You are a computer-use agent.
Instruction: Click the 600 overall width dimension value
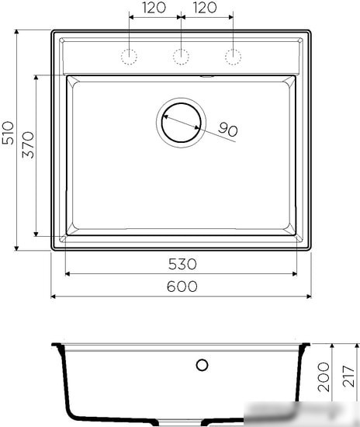(x=182, y=286)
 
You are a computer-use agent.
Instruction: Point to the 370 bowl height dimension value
(x=28, y=145)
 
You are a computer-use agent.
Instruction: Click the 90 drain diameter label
(x=227, y=130)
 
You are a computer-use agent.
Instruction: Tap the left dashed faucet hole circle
(x=129, y=56)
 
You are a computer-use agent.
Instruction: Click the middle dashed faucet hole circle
(x=181, y=56)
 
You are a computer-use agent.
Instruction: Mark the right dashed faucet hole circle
(x=232, y=56)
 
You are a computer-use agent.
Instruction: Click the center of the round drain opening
(x=182, y=122)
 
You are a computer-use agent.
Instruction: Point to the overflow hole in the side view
(x=202, y=364)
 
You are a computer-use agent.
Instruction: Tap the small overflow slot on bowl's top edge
(x=207, y=76)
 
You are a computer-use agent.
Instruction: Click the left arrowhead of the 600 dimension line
(x=54, y=297)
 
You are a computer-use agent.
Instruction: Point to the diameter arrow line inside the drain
(x=182, y=122)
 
